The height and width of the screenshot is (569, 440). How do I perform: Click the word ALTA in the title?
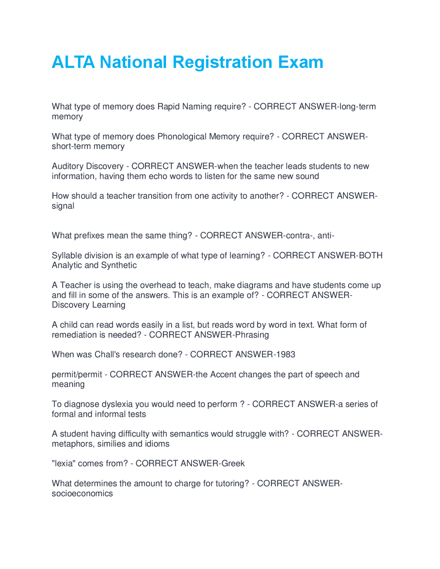pos(73,62)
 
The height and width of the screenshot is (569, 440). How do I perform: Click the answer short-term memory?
pos(88,146)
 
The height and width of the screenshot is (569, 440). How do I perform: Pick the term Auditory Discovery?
pos(87,166)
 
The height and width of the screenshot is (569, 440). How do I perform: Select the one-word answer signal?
pos(63,206)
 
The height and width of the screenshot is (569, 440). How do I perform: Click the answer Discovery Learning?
pos(88,305)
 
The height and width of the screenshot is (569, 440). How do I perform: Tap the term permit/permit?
pos(77,375)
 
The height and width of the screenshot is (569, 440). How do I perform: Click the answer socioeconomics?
pos(82,494)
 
